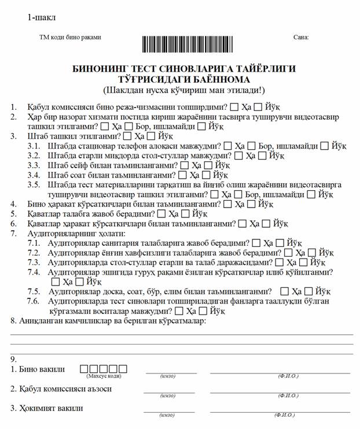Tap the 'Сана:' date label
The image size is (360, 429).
coord(301,37)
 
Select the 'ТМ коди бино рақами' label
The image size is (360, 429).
coord(70,37)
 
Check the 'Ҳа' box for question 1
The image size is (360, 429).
coord(234,107)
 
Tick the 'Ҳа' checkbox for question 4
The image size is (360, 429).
coord(227,204)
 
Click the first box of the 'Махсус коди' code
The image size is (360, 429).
coord(84,368)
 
